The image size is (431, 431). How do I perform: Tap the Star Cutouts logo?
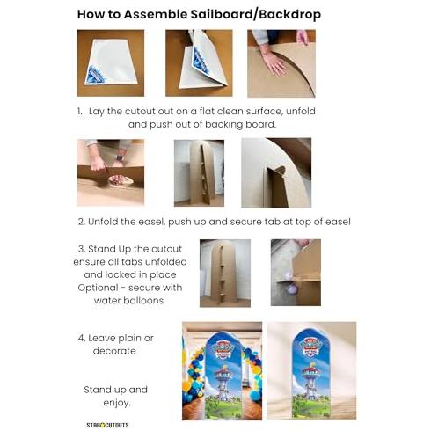coord(107,425)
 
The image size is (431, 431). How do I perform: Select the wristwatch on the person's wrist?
coord(119,158)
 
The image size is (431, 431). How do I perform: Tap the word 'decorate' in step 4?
coord(114,351)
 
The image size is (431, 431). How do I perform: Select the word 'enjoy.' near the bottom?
coord(117,403)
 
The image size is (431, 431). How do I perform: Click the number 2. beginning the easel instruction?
coord(82,222)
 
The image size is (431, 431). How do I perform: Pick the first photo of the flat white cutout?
coord(111,62)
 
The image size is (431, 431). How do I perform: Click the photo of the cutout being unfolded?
coord(199,62)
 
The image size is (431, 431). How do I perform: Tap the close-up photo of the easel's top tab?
coord(276,172)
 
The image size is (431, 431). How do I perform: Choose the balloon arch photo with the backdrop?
coord(222,371)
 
